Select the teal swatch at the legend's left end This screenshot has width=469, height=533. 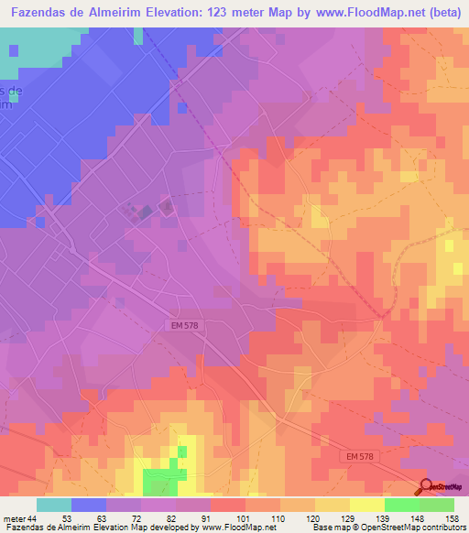(54, 505)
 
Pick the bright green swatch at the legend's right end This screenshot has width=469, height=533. (437, 505)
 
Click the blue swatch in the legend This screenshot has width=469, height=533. (89, 505)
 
